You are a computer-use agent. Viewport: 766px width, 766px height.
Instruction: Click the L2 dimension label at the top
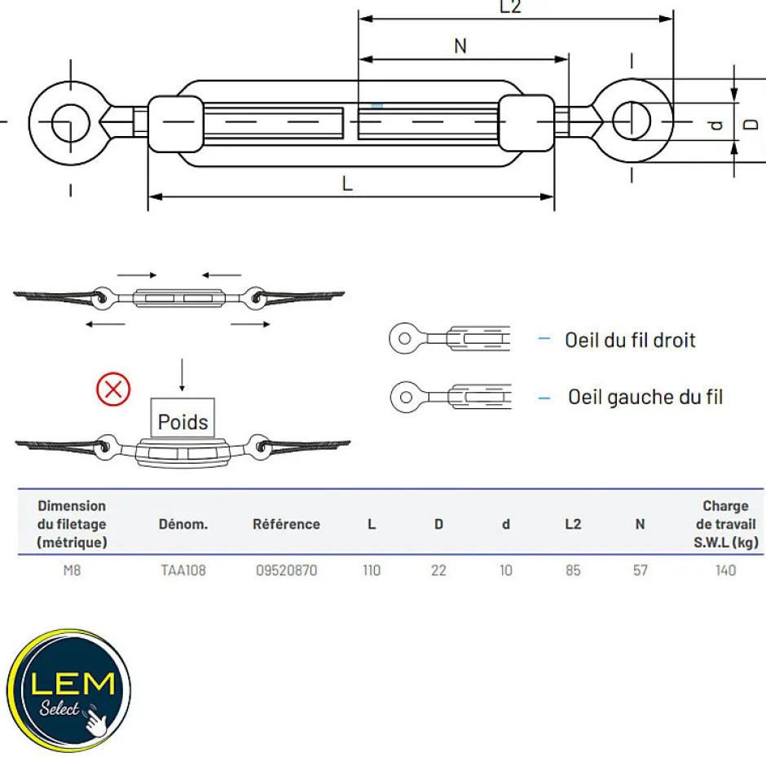point(510,7)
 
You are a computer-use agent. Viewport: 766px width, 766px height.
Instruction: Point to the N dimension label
point(460,46)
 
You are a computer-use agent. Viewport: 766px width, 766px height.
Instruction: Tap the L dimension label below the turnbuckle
point(347,183)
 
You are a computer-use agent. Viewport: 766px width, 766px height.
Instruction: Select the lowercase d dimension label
point(716,125)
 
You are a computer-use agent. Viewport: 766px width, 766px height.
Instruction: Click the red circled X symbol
point(113,389)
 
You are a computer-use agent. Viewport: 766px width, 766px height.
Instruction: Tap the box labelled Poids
point(183,421)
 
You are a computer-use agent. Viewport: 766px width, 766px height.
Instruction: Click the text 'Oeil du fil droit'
point(630,340)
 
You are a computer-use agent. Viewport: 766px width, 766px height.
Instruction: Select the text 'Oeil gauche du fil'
point(645,397)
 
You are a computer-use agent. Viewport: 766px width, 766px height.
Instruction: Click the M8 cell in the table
point(72,570)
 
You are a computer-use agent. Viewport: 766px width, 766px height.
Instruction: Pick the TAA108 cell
point(183,570)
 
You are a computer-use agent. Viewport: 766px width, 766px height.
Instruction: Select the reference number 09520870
point(286,570)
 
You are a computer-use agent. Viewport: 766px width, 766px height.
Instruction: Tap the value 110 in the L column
point(372,570)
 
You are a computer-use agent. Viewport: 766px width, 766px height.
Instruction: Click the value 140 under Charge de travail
point(725,570)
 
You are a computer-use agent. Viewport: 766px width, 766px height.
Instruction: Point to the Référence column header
point(286,524)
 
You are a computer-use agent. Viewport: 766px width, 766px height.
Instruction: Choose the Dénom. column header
point(183,524)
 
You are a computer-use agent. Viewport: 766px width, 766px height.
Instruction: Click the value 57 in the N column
point(641,570)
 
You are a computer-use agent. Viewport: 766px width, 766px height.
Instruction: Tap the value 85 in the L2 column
point(573,570)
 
